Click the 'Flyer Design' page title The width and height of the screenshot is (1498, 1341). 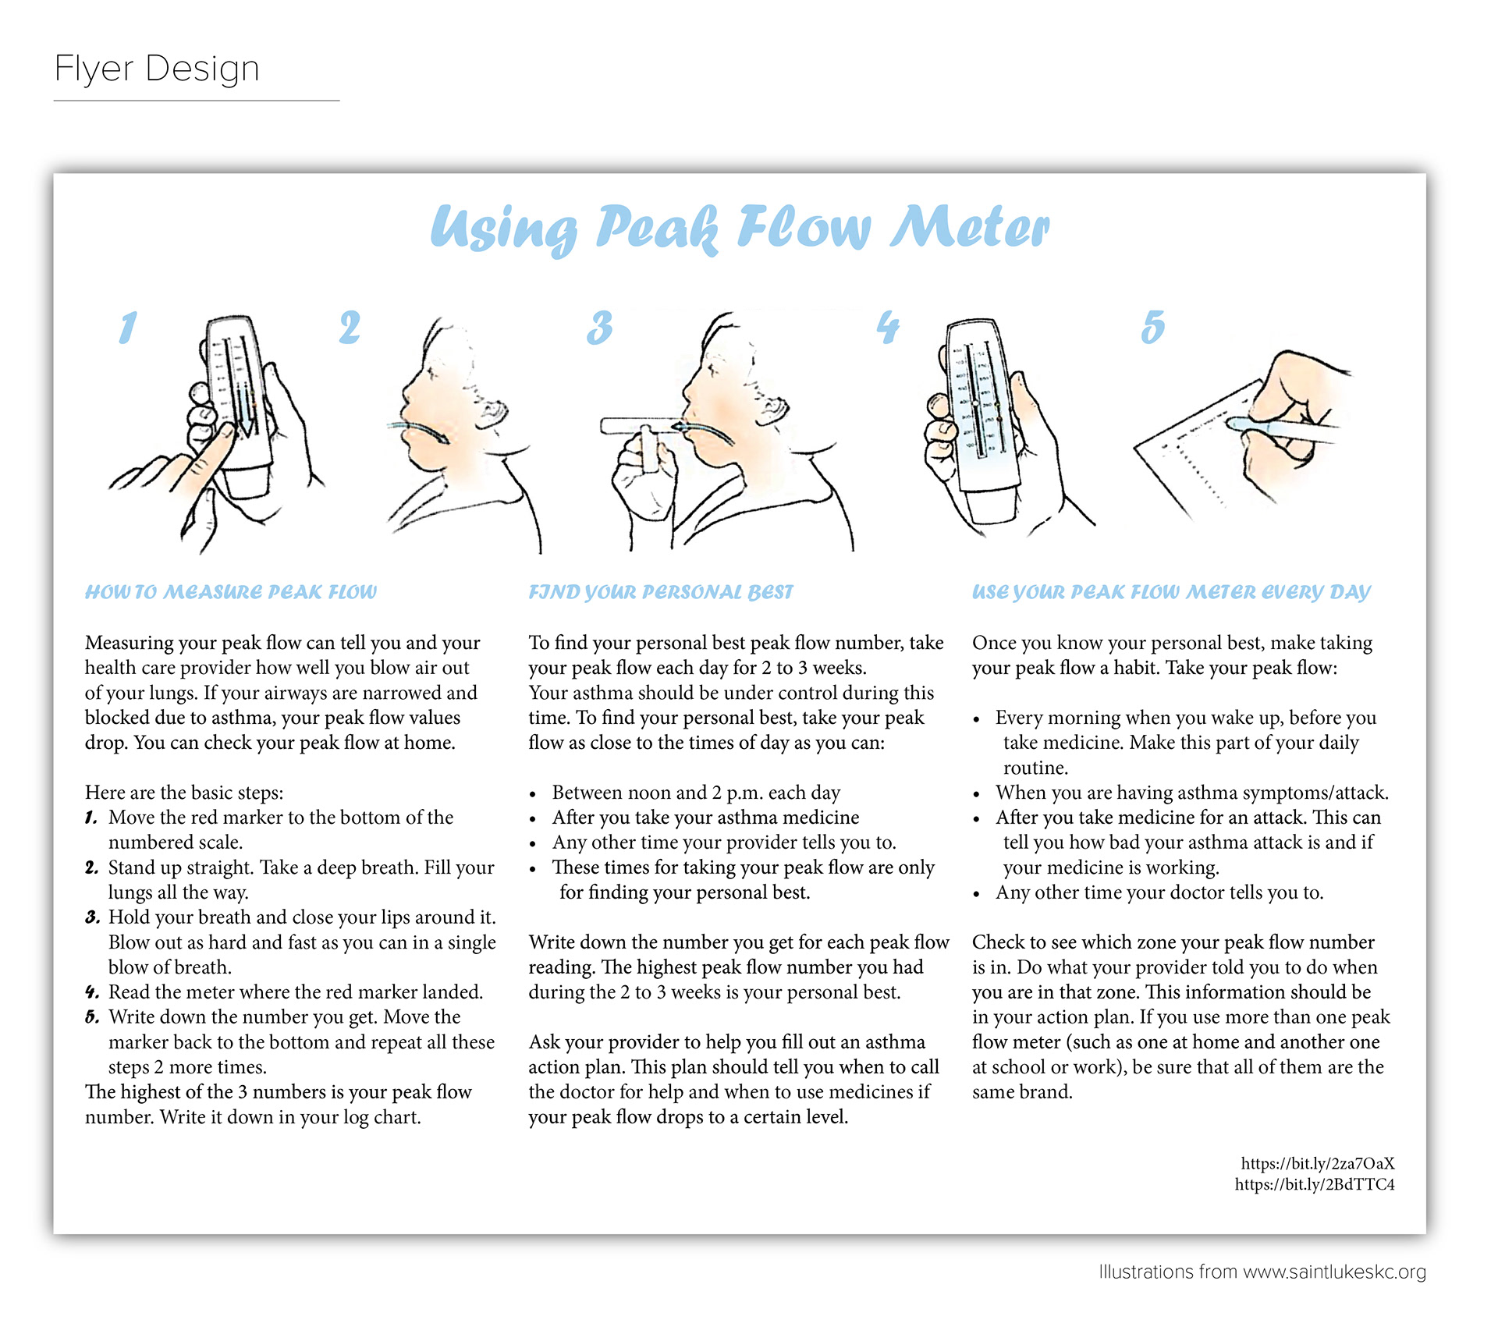pos(157,69)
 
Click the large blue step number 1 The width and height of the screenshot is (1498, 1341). pos(128,328)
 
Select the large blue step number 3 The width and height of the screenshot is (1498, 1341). pos(599,328)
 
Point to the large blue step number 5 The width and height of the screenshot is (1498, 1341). pos(1152,327)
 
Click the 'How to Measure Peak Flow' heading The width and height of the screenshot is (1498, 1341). pos(231,592)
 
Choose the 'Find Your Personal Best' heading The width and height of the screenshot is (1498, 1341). pos(661,592)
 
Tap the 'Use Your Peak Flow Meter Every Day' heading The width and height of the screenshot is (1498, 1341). pos(1171,592)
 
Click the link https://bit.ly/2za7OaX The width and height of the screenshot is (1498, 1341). pos(1318,1163)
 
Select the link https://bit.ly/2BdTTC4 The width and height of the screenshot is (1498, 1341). pos(1315,1184)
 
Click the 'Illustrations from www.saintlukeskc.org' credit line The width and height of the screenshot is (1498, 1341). pos(1262,1272)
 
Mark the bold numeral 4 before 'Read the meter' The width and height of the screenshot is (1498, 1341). pos(92,992)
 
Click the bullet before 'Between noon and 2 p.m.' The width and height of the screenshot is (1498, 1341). pos(533,794)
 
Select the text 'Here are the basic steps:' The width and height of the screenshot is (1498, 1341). pos(184,793)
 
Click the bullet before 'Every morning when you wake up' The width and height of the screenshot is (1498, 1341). pos(976,719)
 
